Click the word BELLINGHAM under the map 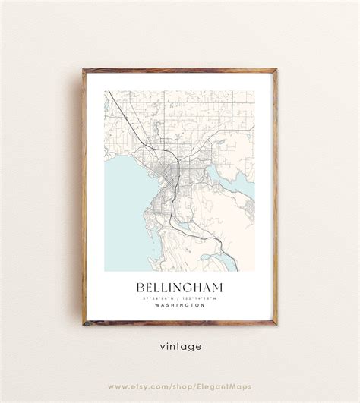tap(179, 288)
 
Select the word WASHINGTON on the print tap(179, 305)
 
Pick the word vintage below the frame tap(181, 347)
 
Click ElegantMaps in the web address tap(225, 386)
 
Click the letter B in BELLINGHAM tap(141, 288)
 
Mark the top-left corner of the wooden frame tap(84, 70)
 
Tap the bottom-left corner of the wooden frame tap(84, 324)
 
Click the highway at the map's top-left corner tap(111, 96)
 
